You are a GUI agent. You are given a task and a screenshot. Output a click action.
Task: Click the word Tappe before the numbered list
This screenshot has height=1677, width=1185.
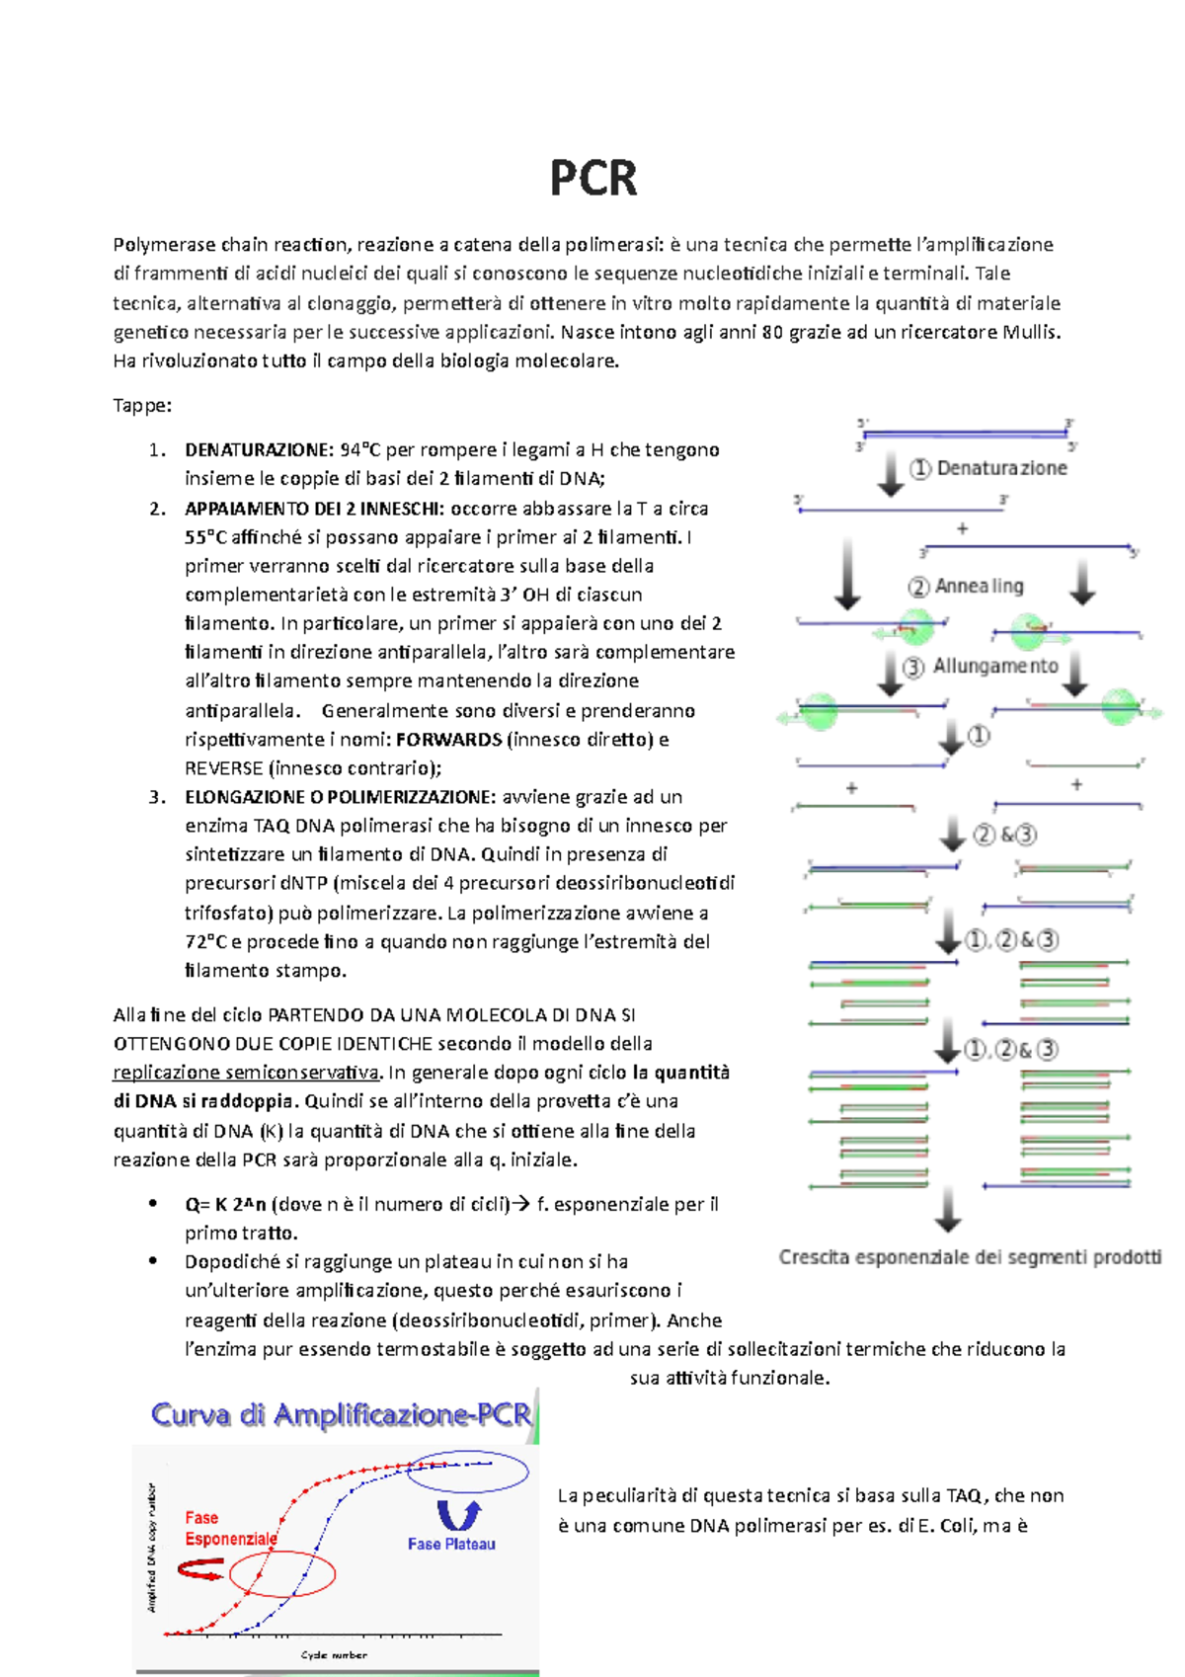point(142,406)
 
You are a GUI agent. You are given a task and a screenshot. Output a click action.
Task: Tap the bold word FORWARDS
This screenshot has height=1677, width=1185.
point(448,740)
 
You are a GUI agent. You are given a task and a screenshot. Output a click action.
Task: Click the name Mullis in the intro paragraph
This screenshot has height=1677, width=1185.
point(1030,332)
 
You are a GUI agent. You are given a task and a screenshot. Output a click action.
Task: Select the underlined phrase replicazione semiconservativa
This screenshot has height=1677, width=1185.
point(247,1073)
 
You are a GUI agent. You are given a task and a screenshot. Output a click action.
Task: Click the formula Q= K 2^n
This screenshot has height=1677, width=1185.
point(225,1204)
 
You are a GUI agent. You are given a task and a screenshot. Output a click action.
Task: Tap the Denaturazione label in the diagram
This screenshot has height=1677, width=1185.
point(1001,468)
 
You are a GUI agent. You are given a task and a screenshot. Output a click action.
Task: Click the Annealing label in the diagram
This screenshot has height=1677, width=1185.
point(979,587)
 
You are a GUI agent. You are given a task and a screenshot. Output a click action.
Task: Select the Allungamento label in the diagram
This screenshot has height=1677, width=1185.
point(994,667)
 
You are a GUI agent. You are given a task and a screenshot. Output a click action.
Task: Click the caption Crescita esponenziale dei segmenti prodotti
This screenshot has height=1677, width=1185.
point(969,1257)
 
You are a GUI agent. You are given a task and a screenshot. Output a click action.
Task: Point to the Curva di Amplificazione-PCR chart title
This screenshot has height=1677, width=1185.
point(341,1415)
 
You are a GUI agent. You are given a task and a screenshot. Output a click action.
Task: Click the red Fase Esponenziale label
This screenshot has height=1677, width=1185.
point(231,1528)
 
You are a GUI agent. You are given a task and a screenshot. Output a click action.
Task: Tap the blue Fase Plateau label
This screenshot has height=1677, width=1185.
point(451,1544)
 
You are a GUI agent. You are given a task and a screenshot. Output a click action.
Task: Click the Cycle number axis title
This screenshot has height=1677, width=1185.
point(334,1654)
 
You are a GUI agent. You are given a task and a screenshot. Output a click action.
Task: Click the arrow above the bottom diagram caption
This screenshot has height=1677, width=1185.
point(948,1210)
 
